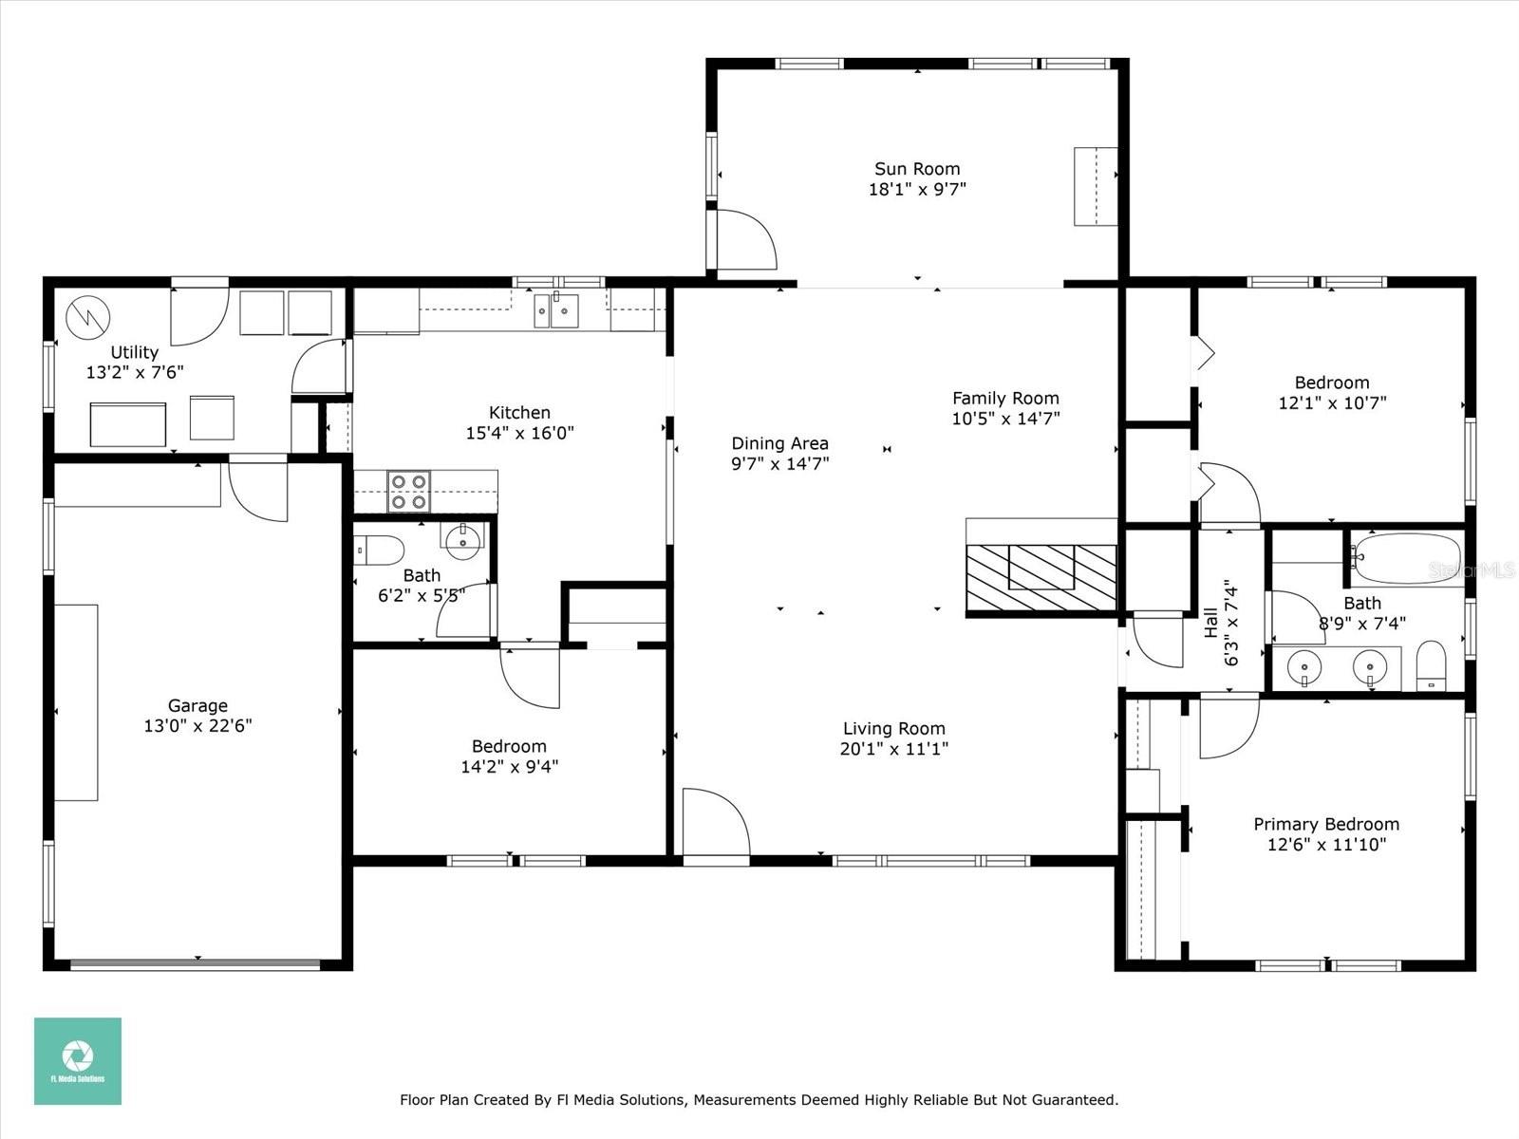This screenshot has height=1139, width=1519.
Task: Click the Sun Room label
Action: (x=917, y=169)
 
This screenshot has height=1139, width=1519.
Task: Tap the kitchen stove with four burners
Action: (x=408, y=492)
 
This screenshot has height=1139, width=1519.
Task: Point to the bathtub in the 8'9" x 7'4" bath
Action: (x=1406, y=558)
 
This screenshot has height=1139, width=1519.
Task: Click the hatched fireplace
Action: (x=1041, y=578)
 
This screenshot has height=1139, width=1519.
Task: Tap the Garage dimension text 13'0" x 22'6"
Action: (x=197, y=726)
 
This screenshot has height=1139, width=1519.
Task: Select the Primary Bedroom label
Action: (x=1326, y=824)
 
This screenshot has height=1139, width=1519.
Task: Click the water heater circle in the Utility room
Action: (x=89, y=318)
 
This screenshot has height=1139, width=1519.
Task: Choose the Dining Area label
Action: (x=779, y=443)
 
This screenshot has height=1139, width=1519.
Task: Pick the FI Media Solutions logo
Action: (x=78, y=1061)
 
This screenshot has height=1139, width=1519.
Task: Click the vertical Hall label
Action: (x=1211, y=624)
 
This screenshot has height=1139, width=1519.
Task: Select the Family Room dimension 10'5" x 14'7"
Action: (x=1005, y=418)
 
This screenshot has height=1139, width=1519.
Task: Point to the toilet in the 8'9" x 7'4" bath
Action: (x=1431, y=665)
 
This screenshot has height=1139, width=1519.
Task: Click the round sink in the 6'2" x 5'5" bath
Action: (x=463, y=541)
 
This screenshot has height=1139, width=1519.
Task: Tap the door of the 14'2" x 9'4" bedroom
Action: (x=530, y=676)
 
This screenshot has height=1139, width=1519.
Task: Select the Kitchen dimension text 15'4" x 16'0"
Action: (x=519, y=433)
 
